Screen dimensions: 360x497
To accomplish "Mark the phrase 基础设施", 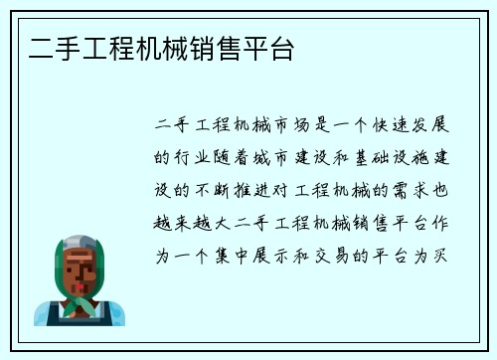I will click(397, 158).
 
